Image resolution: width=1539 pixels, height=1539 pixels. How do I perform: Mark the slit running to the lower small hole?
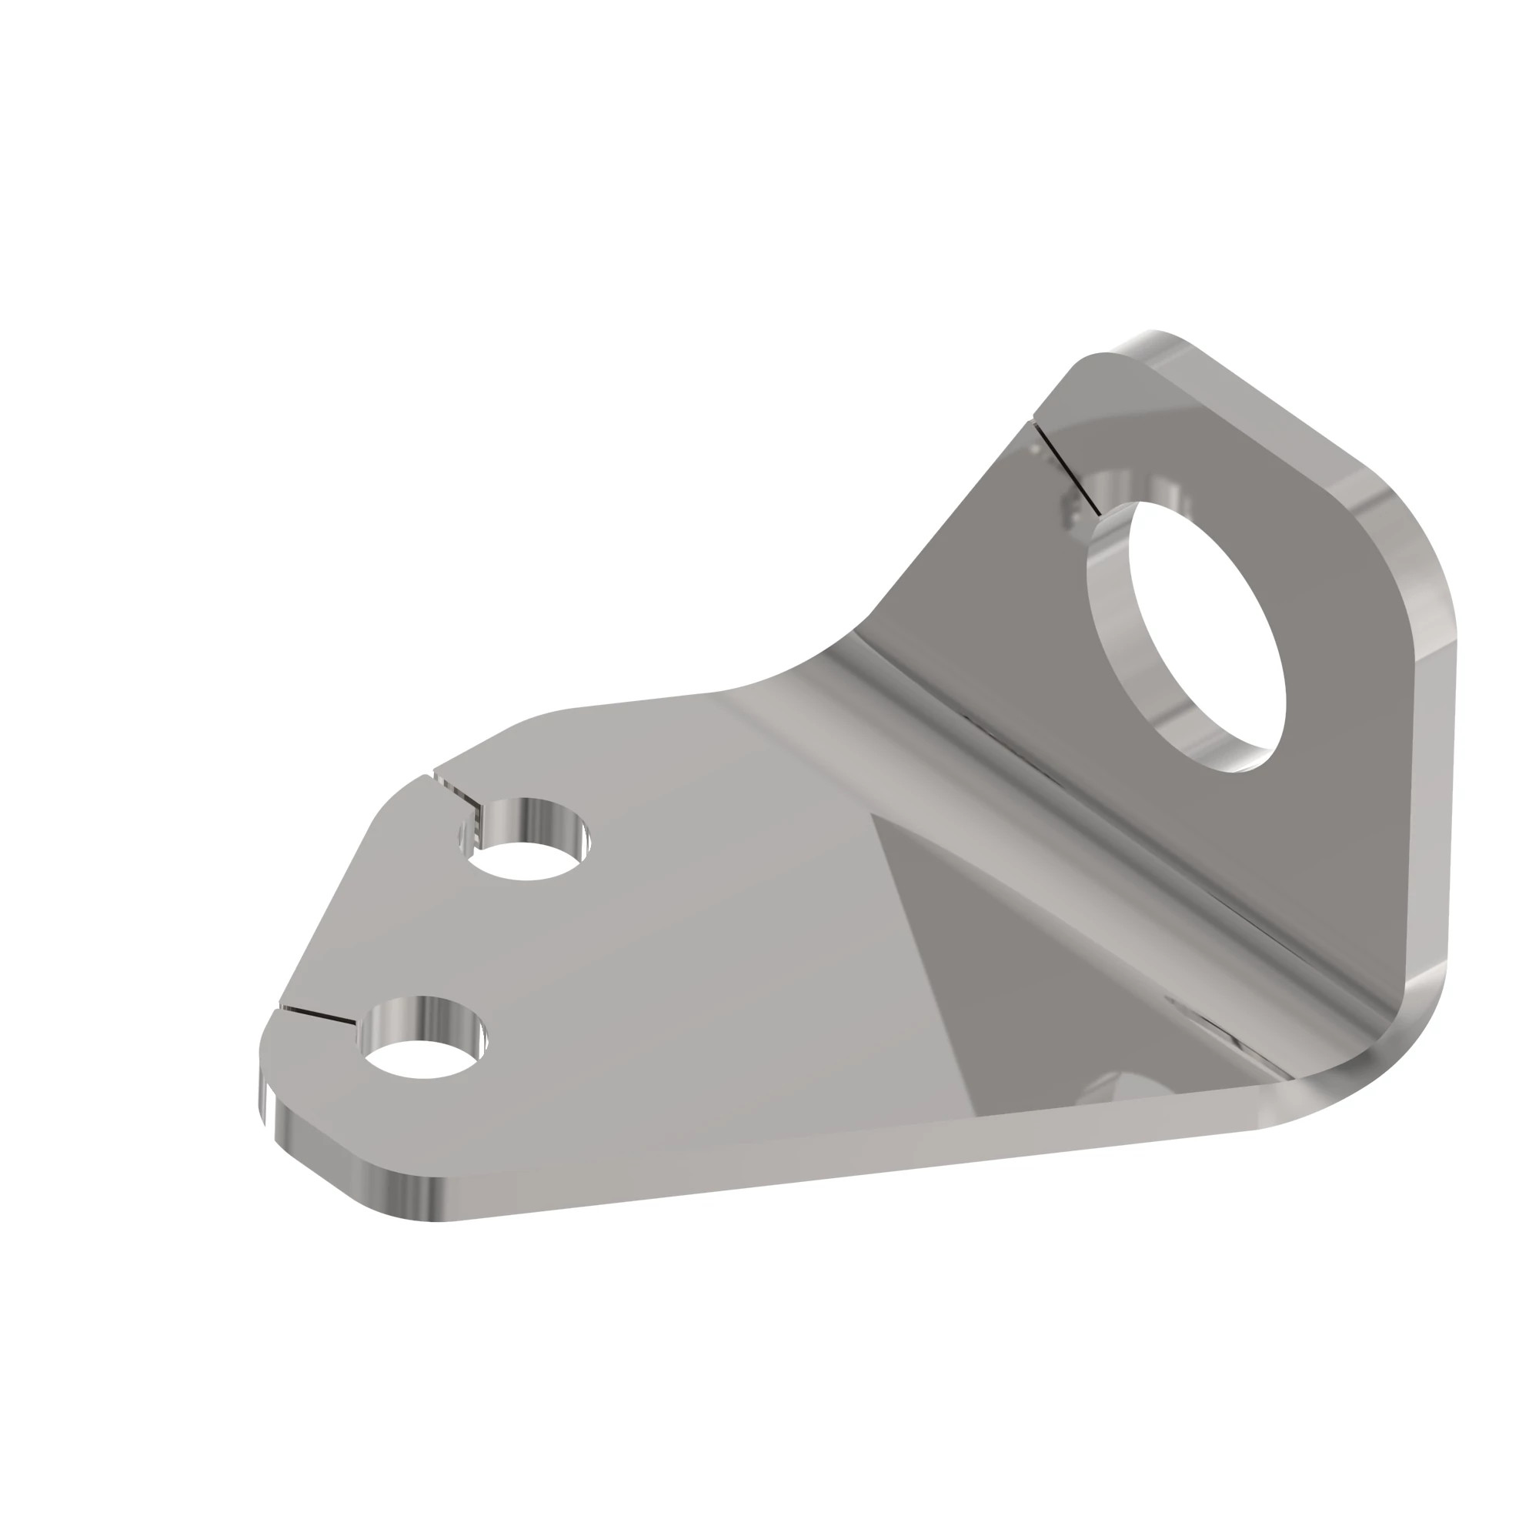pyautogui.click(x=319, y=1015)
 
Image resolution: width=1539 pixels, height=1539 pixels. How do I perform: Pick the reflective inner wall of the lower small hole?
pyautogui.click(x=422, y=1020)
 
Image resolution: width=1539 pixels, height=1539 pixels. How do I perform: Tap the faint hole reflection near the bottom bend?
pyautogui.click(x=1107, y=1087)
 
